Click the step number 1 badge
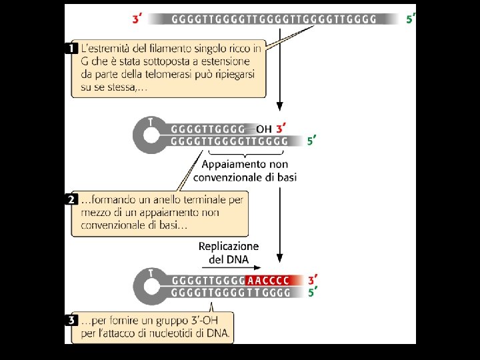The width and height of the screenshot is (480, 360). pyautogui.click(x=75, y=49)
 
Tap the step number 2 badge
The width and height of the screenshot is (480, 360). pyautogui.click(x=75, y=199)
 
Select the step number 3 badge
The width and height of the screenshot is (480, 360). pyautogui.click(x=75, y=320)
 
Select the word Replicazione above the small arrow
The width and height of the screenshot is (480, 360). pyautogui.click(x=229, y=247)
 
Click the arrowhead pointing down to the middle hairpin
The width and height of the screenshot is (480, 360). pyautogui.click(x=280, y=107)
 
